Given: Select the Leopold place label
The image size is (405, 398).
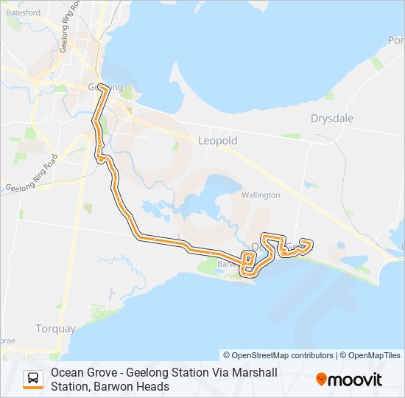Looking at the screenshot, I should [217, 140].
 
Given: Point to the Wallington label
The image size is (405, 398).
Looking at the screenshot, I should [261, 195].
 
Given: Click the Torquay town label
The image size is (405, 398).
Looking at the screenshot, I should [55, 328].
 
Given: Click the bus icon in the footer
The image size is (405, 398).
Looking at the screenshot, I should [33, 379].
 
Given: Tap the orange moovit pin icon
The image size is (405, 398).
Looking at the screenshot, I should [322, 380].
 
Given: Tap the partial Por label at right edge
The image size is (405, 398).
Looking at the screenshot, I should [396, 41].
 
